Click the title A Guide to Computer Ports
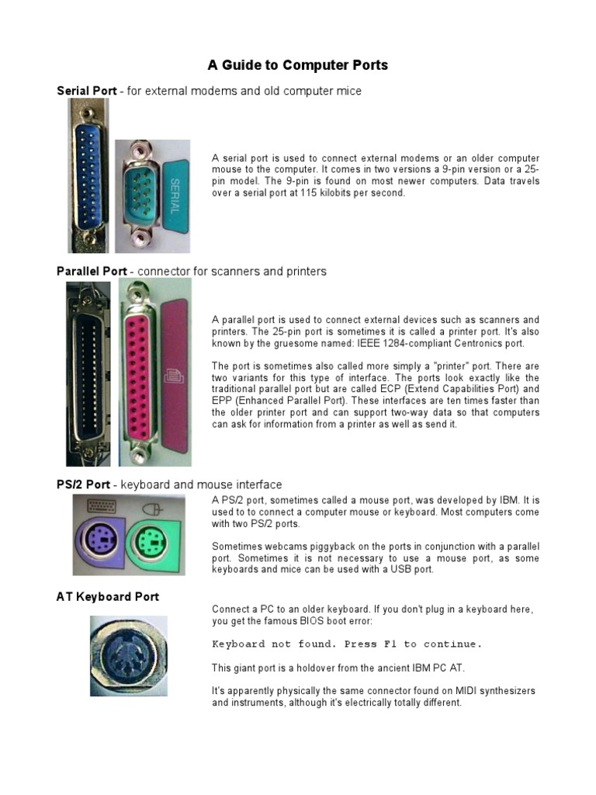coord(297,65)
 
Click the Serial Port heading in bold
coord(87,91)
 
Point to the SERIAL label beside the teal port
coord(175,194)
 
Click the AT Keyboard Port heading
coord(108,597)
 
